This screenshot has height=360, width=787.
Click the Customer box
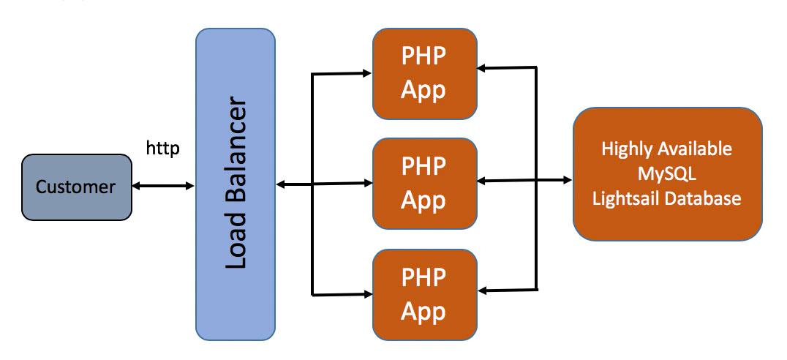tap(76, 187)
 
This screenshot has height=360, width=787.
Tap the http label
tap(162, 149)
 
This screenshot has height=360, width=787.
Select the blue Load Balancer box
tap(236, 184)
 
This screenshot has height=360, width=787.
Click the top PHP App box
tap(424, 73)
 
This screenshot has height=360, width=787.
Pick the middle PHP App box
tap(424, 182)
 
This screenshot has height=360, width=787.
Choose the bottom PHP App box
tap(424, 294)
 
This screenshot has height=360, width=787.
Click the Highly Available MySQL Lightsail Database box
tap(667, 173)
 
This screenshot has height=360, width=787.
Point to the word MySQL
tap(666, 173)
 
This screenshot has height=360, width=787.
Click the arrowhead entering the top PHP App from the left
tap(367, 72)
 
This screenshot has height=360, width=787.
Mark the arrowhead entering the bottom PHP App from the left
tap(367, 294)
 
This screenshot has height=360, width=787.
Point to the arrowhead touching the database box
tap(568, 179)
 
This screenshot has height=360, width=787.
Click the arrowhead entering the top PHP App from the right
tap(483, 68)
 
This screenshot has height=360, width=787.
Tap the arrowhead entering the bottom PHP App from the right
tap(483, 290)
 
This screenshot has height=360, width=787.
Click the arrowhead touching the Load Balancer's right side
tap(281, 184)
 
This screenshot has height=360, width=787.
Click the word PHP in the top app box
tap(423, 58)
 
